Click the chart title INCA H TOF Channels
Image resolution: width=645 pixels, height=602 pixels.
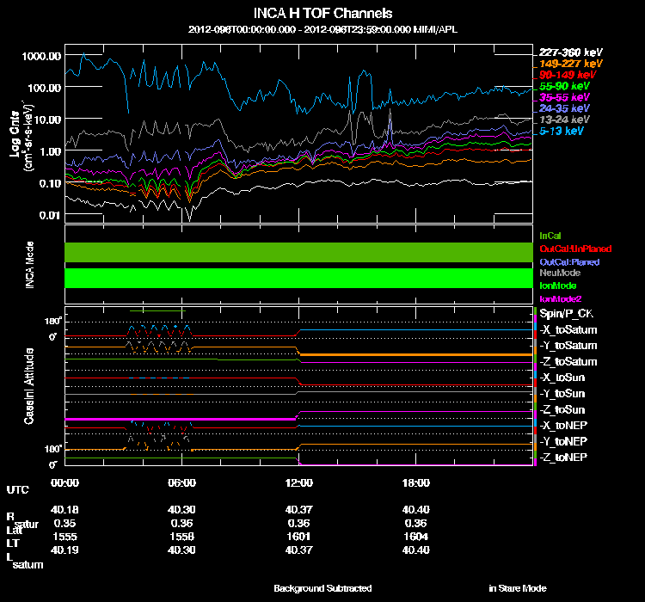pos(322,14)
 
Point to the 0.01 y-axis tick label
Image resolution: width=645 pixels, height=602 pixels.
pos(49,215)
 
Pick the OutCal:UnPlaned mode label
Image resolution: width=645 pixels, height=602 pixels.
pos(574,249)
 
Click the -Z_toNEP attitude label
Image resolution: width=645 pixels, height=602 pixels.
pos(565,457)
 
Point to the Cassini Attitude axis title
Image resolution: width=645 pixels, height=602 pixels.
pos(30,385)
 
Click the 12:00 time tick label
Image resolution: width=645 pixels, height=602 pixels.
pos(298,483)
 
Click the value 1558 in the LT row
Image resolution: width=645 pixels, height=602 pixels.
pos(181,536)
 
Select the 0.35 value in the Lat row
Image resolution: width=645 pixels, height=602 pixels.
pos(63,523)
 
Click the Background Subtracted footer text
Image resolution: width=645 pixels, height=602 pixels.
pos(322,588)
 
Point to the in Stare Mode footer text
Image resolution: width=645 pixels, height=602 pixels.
pos(517,588)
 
